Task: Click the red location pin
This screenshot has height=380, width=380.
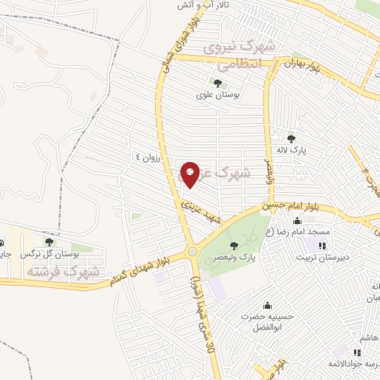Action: click(x=190, y=174)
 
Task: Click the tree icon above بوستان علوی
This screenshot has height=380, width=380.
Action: click(x=217, y=82)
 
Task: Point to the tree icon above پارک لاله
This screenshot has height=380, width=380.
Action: click(x=292, y=138)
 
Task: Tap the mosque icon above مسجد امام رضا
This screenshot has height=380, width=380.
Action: click(x=298, y=220)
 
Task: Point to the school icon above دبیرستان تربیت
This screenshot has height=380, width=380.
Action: click(x=322, y=246)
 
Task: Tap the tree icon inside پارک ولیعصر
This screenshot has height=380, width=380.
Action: click(x=234, y=246)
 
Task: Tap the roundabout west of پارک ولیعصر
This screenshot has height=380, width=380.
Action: click(x=192, y=252)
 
